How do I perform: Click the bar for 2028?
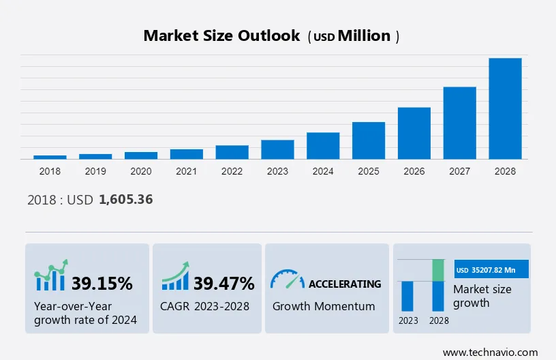coord(505,108)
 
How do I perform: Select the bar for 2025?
coord(369,140)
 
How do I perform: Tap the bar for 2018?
coord(50,157)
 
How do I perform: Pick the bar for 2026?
coord(414,133)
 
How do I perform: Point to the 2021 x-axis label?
coord(186,171)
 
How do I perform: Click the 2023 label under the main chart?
coord(277,171)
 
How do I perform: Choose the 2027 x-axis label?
coord(460,171)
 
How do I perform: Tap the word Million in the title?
coord(365,36)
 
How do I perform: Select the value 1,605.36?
coord(125,200)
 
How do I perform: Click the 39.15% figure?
coord(102,283)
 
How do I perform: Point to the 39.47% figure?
coord(224,283)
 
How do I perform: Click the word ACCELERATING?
coord(345,284)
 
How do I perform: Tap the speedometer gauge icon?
coord(287,279)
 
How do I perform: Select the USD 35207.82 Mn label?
coord(491,269)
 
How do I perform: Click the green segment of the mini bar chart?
coord(439,270)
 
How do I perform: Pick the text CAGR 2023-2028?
coord(205,306)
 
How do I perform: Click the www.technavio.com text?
coord(490,352)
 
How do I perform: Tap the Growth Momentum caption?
coord(324,306)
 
